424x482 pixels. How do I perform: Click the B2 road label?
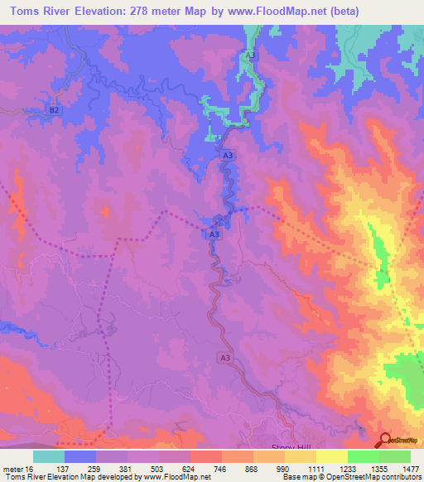[x=55, y=109]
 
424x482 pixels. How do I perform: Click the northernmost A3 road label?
[x=251, y=55]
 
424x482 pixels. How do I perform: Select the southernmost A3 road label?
[x=226, y=357]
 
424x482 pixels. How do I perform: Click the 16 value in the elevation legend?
[x=31, y=469]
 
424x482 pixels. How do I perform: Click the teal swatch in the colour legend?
[x=49, y=456]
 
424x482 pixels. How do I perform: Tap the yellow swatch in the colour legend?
[x=331, y=456]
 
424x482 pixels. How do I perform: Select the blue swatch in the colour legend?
[x=80, y=456]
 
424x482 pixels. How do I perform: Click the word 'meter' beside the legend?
[x=12, y=469]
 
